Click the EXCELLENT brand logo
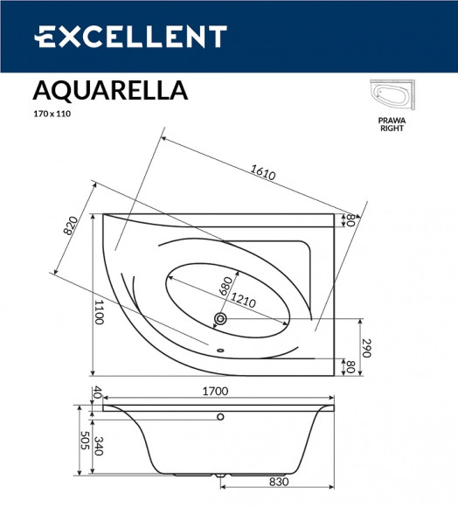(130, 36)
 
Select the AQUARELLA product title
(109, 90)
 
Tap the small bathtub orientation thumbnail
(395, 96)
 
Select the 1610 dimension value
(262, 172)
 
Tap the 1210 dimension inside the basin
(243, 302)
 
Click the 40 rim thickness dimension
(98, 392)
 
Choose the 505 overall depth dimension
(83, 441)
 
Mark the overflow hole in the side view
(220, 416)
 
